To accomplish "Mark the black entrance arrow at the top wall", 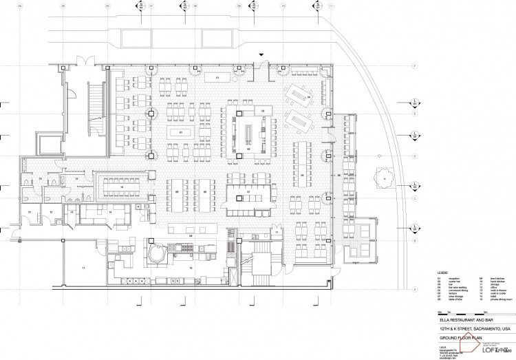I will [261, 55].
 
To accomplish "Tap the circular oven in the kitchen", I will [156, 253].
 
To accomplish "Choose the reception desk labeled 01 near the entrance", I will [218, 78].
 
